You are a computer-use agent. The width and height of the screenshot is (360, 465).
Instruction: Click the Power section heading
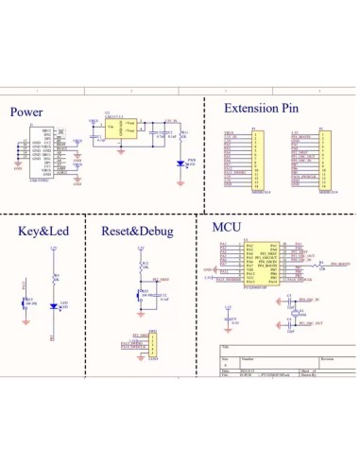pos(26,112)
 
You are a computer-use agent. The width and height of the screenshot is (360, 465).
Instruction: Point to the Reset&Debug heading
pos(136,232)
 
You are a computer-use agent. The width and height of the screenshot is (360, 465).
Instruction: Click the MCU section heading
pos(228,227)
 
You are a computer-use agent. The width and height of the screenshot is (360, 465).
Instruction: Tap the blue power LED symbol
pos(180,163)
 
